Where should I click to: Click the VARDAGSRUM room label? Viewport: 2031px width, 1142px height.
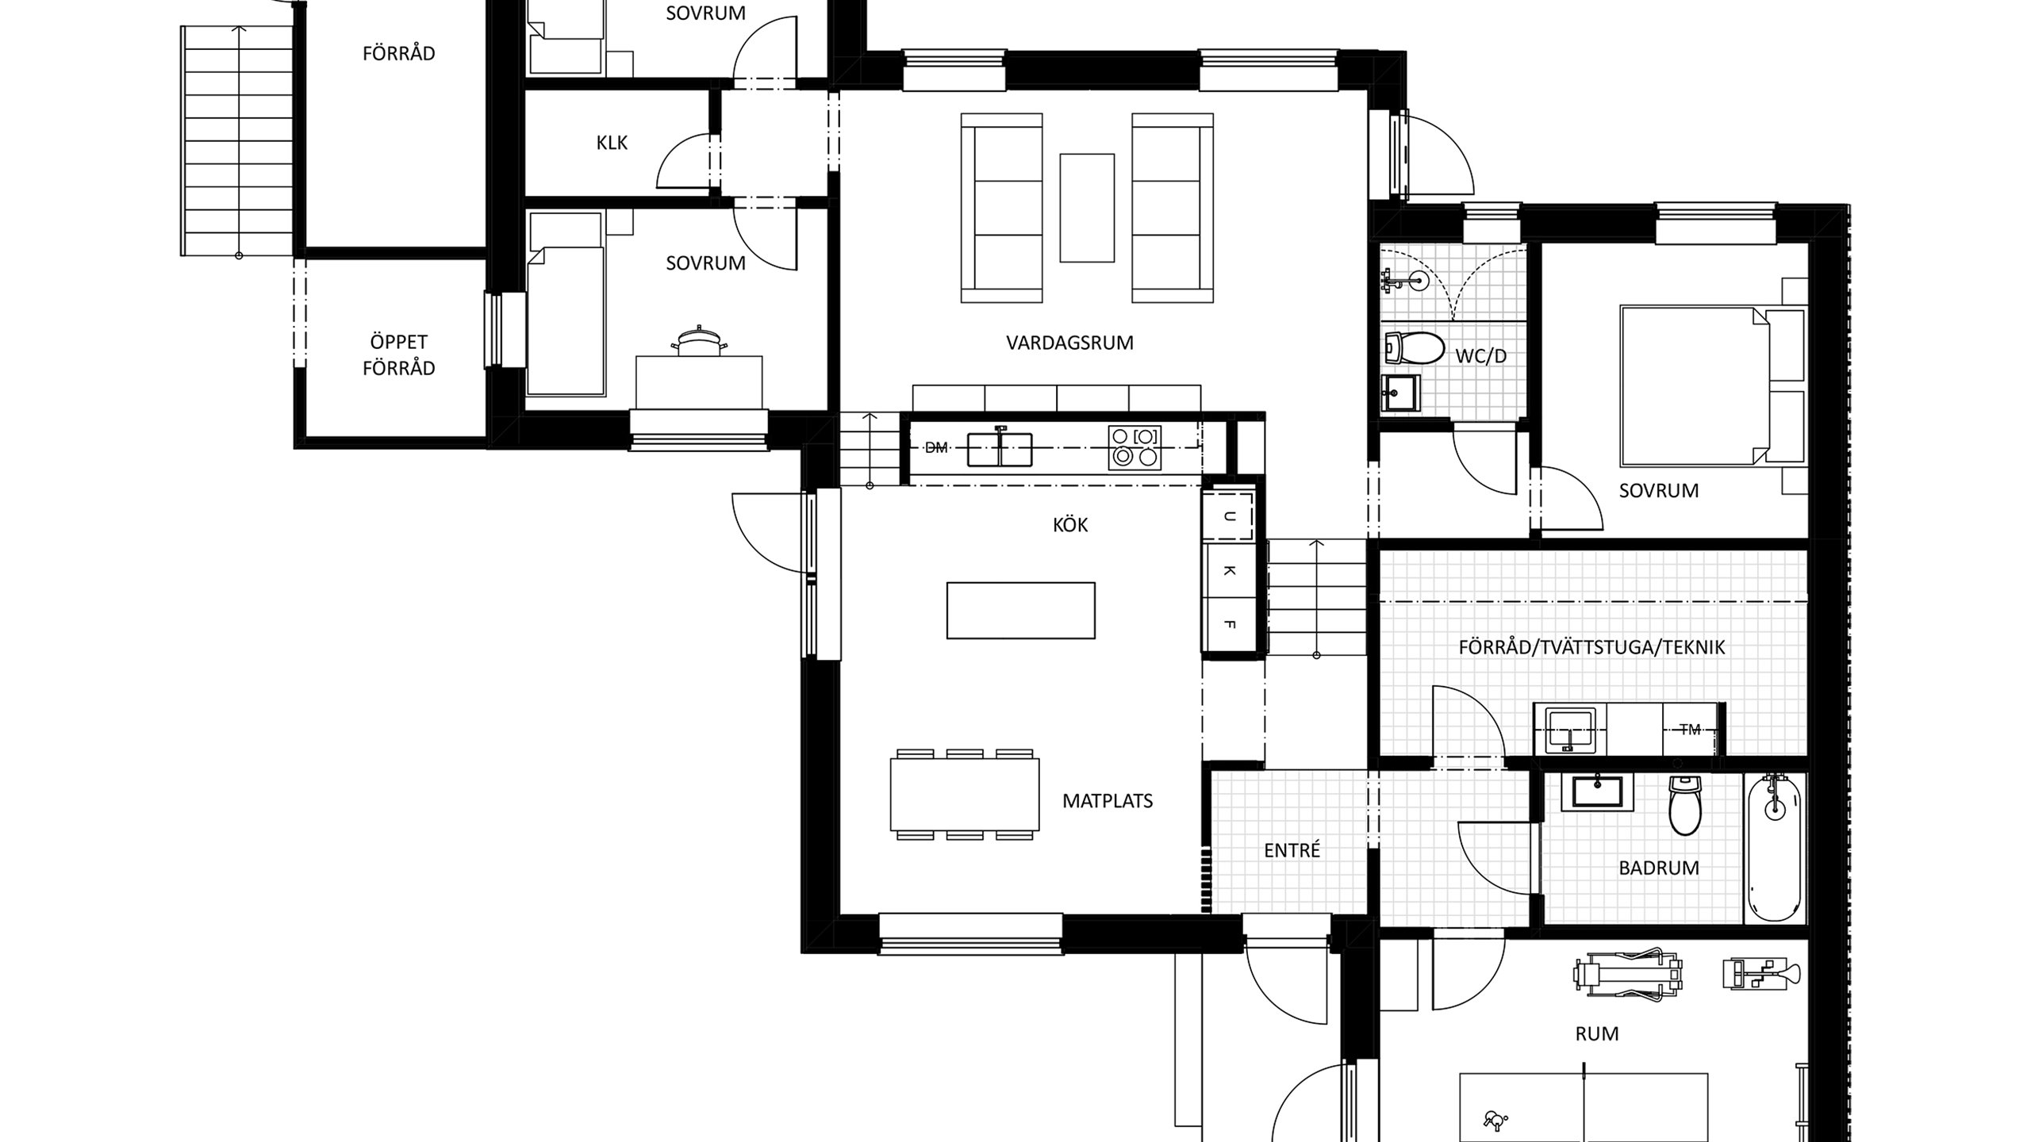pyautogui.click(x=1069, y=343)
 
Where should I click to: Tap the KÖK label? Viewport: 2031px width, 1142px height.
pyautogui.click(x=1070, y=525)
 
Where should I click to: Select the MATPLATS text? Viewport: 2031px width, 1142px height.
pyautogui.click(x=1108, y=801)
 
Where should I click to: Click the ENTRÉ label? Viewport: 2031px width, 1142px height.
pyautogui.click(x=1292, y=851)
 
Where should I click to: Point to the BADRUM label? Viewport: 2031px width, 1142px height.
pyautogui.click(x=1659, y=868)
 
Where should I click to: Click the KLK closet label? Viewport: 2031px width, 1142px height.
pyautogui.click(x=612, y=143)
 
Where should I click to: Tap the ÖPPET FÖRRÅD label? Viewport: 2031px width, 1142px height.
pyautogui.click(x=398, y=354)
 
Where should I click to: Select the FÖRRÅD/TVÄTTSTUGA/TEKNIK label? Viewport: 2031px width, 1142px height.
pyautogui.click(x=1591, y=647)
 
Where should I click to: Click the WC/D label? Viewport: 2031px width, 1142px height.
pyautogui.click(x=1480, y=356)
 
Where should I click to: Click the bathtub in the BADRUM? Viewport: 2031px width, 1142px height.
pyautogui.click(x=1774, y=848)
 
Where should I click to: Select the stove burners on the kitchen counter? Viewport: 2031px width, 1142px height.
pyautogui.click(x=1135, y=446)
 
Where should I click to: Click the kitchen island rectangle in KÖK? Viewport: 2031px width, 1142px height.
pyautogui.click(x=1020, y=611)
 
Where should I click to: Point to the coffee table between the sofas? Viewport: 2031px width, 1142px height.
pyautogui.click(x=1087, y=208)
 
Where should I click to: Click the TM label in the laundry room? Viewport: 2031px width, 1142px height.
pyautogui.click(x=1690, y=730)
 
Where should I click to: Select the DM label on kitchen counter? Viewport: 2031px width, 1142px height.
pyautogui.click(x=936, y=448)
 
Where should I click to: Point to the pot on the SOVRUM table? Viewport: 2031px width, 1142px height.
pyautogui.click(x=697, y=342)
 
